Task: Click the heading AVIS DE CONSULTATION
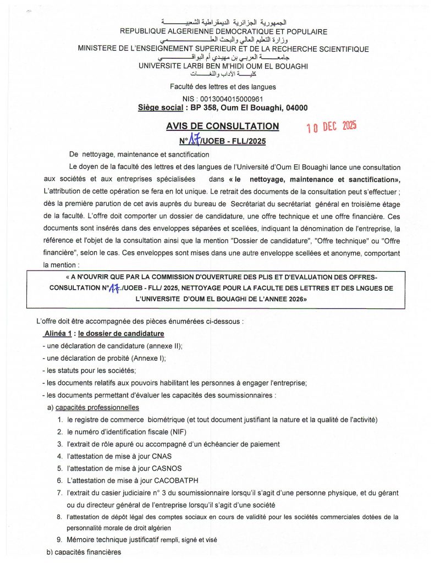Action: (x=222, y=126)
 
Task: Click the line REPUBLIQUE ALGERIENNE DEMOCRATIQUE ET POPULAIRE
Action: (x=223, y=32)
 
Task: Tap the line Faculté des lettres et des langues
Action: (x=223, y=87)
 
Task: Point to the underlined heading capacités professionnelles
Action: (x=97, y=407)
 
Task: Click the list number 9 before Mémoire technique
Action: (x=59, y=540)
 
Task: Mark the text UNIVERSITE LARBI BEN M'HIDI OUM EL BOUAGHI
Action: (x=223, y=66)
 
